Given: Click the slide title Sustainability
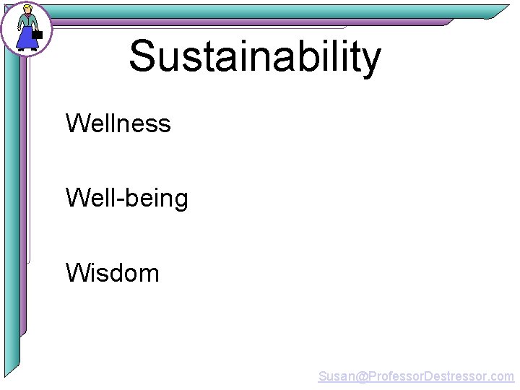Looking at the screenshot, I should click(x=254, y=58).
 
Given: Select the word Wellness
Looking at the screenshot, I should click(x=118, y=123).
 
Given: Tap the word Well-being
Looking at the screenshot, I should click(x=126, y=198).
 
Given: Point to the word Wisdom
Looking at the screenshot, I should click(x=112, y=273).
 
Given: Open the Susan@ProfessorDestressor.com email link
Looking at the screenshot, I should click(x=416, y=376).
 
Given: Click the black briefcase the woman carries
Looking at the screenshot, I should click(x=38, y=33).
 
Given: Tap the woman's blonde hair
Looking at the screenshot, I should click(x=28, y=8).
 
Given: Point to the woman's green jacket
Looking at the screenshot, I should click(x=27, y=22).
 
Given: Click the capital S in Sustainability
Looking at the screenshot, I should click(x=143, y=56).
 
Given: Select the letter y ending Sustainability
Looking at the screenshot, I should click(x=369, y=61).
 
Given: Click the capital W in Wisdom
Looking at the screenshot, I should click(x=77, y=273).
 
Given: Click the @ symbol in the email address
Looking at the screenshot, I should click(x=361, y=376).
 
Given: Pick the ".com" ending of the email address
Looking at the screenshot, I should click(x=501, y=376).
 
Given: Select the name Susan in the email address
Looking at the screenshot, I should click(x=336, y=376).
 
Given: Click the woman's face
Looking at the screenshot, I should click(x=27, y=12).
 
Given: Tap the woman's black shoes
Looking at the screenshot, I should click(x=27, y=51).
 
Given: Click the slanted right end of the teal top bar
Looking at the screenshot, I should click(x=498, y=12).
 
